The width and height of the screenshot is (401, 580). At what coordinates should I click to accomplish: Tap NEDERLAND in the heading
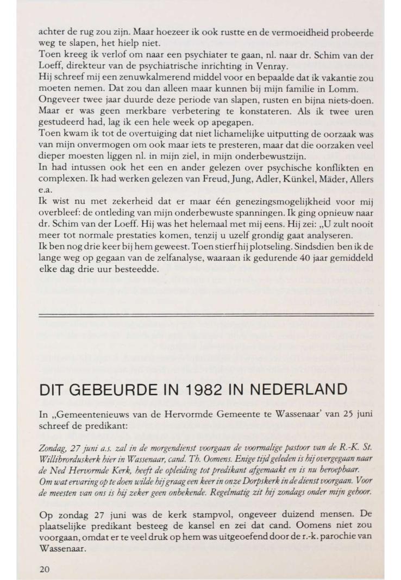308,375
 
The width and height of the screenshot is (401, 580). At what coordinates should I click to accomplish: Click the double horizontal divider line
206,314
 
